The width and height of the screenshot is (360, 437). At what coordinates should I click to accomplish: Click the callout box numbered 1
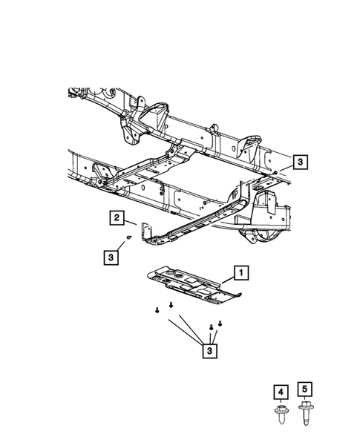pos(240,273)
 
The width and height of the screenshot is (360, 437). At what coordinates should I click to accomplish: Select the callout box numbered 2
pos(117,217)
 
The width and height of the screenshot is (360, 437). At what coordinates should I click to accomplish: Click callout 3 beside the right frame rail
pos(298,161)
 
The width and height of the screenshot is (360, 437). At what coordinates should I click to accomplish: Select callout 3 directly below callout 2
pos(109,257)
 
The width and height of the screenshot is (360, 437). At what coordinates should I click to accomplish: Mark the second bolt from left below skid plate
pos(171,304)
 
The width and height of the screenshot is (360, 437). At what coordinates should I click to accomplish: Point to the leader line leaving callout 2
pos(130,220)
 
